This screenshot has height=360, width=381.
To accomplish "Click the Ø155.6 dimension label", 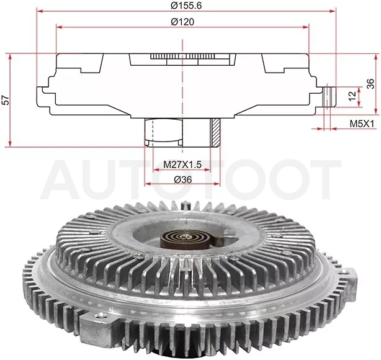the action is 186,6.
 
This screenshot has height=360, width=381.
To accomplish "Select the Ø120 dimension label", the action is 182,22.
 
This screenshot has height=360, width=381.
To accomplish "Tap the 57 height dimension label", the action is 6,100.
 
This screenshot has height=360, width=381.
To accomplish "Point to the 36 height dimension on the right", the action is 370,84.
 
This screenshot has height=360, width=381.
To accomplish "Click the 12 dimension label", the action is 352,96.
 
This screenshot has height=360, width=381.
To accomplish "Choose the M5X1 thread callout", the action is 361,124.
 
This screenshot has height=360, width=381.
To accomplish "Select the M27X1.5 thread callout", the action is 182,164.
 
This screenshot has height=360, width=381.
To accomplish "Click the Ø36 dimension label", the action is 182,179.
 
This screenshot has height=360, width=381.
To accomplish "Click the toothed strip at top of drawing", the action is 182,56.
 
